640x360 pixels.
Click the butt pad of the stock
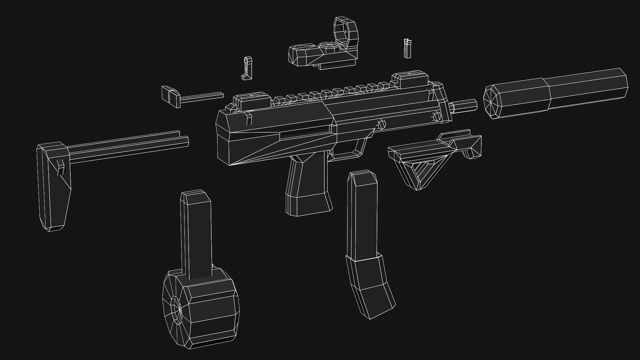click(x=53, y=187)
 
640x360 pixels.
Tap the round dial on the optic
click(x=328, y=47)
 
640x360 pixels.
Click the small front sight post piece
click(x=407, y=48)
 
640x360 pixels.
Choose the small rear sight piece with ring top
click(x=247, y=68)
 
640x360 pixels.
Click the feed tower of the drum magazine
click(x=197, y=233)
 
